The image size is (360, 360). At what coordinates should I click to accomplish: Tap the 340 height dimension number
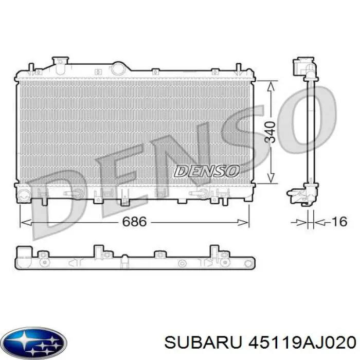(x=271, y=132)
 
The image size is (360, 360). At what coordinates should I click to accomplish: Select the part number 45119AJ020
(x=295, y=342)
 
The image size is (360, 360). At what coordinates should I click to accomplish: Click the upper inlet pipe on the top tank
(x=61, y=63)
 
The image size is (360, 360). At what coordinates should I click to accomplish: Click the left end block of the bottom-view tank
(x=23, y=256)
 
